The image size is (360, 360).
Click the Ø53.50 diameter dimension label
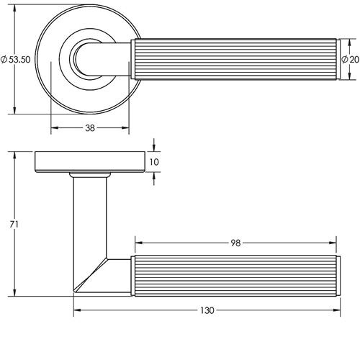tap(16, 59)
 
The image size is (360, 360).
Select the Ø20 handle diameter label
tap(350, 59)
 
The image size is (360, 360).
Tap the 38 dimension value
tap(90, 128)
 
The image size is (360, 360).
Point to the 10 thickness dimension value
tap(154, 162)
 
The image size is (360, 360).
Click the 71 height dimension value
tap(14, 225)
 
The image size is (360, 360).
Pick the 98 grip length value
tap(235, 243)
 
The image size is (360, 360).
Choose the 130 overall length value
tap(207, 310)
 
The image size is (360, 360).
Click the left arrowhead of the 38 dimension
tap(55, 128)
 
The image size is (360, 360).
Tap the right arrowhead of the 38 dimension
tap(125, 128)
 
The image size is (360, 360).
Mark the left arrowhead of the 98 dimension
tap(139, 243)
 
